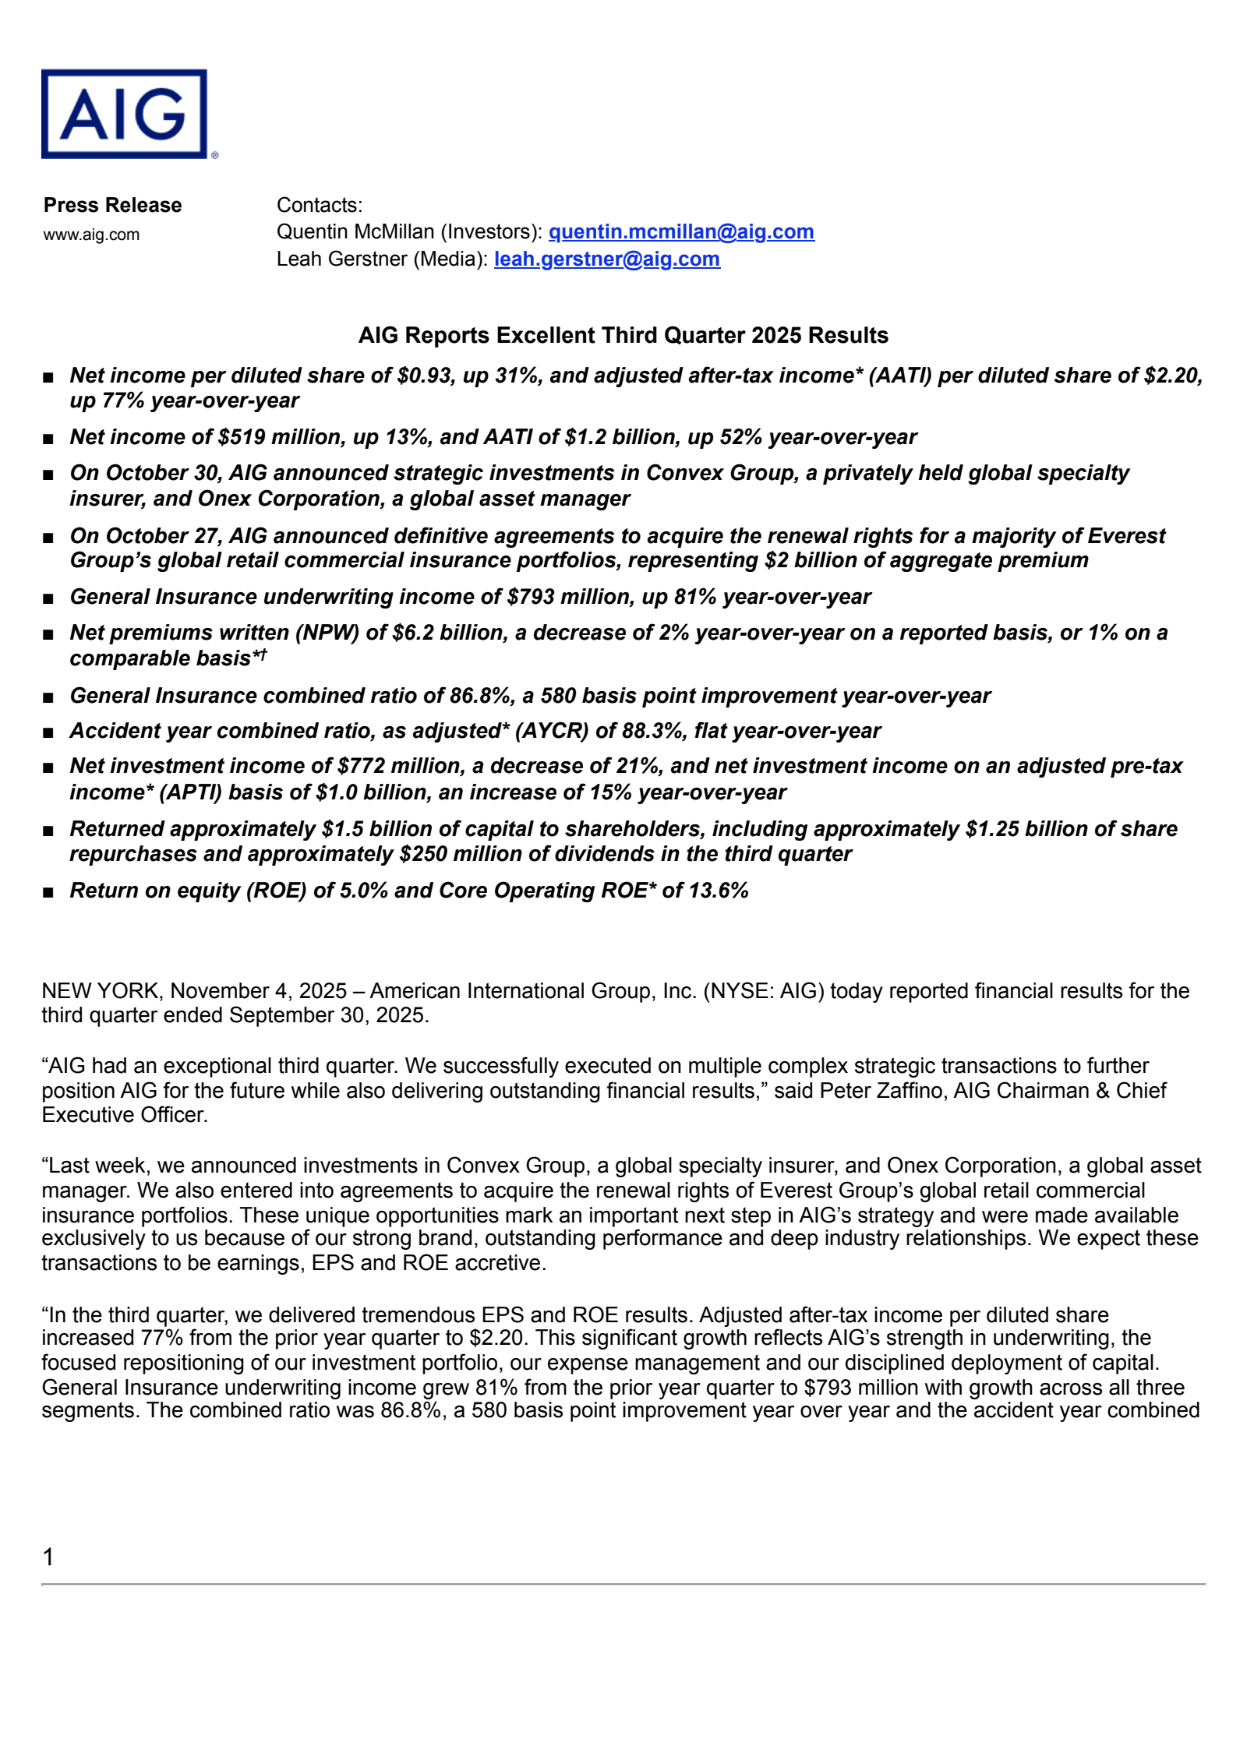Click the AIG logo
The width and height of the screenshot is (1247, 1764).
pos(125,114)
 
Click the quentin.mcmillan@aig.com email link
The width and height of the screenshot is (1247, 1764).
pos(681,232)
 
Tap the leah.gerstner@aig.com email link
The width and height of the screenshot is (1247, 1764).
pos(606,259)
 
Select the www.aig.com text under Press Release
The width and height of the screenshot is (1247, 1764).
pos(91,235)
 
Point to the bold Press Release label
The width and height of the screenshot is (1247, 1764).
pos(112,205)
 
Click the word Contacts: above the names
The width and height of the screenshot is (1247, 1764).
pos(320,205)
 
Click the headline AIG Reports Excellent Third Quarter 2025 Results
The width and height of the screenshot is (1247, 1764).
pos(623,335)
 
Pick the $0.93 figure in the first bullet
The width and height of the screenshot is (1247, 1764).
pos(424,376)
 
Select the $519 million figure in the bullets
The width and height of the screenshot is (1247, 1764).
pos(280,437)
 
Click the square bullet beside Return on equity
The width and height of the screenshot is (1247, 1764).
pos(48,892)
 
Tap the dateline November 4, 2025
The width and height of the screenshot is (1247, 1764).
pos(258,991)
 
